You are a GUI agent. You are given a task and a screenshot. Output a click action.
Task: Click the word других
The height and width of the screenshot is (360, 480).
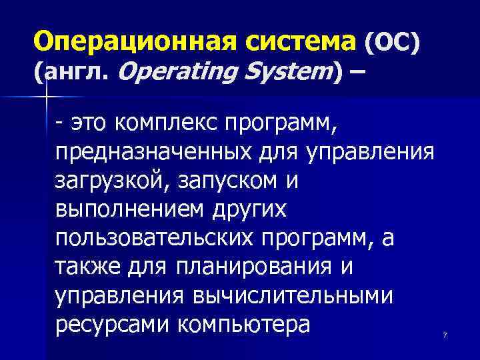coord(248,209)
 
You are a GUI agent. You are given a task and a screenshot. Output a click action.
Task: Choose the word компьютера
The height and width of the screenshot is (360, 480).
coord(244,325)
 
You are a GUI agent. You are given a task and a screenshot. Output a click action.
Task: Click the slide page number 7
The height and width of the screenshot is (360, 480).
coord(445,335)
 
